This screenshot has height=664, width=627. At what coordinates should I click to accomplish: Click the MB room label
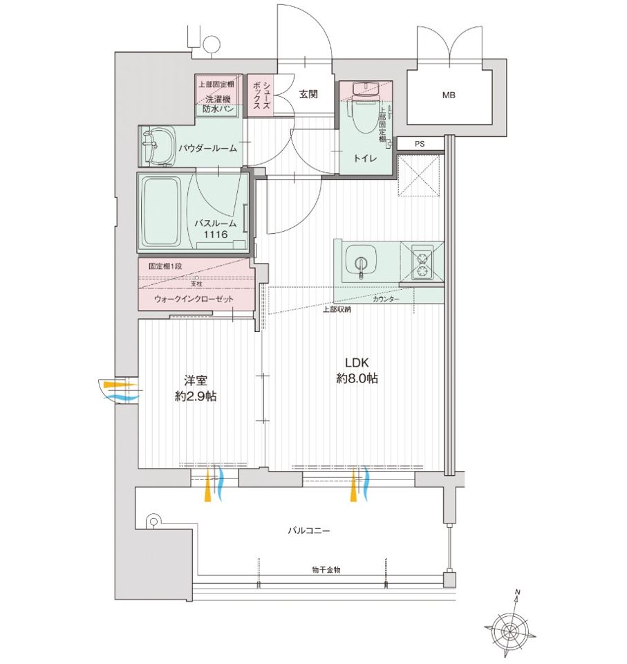[x=449, y=95]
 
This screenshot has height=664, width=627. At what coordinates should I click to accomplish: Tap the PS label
[x=420, y=144]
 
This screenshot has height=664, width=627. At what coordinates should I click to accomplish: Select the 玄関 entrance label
[x=308, y=94]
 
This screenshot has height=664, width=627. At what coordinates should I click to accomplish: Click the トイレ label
[x=365, y=158]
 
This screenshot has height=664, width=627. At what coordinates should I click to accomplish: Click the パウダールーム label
[x=207, y=148]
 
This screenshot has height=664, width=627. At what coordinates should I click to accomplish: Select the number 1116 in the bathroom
[x=216, y=234]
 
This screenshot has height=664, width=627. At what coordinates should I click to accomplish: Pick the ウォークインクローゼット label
[x=194, y=299]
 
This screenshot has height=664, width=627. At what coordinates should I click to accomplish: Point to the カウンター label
[x=386, y=299]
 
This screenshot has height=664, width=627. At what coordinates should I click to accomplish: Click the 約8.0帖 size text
[x=357, y=378]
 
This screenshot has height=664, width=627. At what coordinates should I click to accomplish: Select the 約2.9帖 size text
[x=196, y=396]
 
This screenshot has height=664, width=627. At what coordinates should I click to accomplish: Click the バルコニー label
[x=308, y=531]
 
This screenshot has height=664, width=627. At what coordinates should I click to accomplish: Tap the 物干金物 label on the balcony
[x=326, y=569]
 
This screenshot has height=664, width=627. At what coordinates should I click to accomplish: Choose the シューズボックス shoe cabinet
[x=261, y=96]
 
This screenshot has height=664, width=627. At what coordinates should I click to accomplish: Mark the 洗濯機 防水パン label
[x=218, y=104]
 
